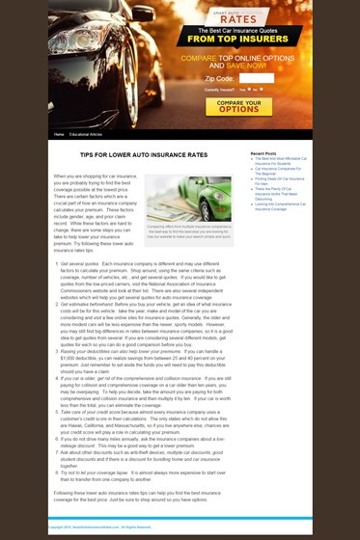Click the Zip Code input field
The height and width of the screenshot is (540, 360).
tap(256, 78)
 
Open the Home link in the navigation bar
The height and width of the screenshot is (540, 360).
tap(59, 134)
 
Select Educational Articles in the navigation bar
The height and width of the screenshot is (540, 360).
tap(86, 134)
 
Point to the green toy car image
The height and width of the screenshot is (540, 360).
tap(188, 198)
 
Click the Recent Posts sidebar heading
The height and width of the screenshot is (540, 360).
tap(263, 153)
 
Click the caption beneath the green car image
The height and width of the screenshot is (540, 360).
tap(188, 231)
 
